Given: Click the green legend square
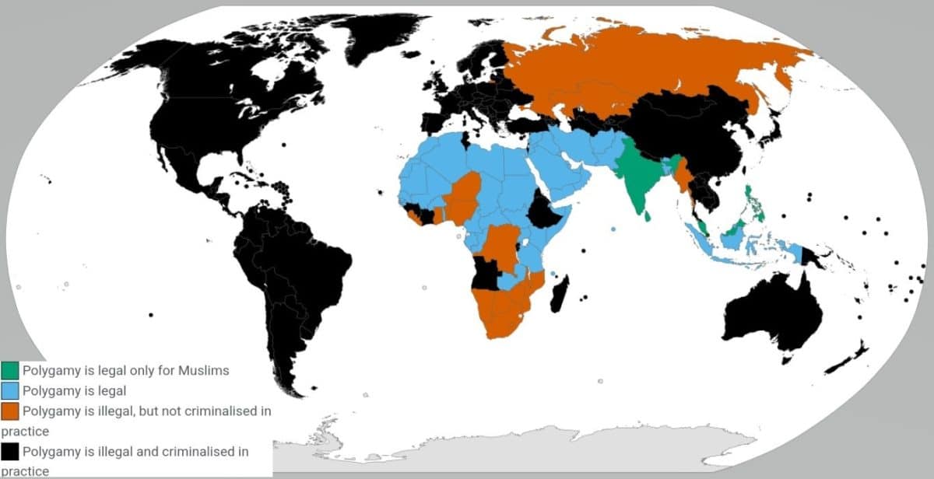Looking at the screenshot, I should click(10, 370).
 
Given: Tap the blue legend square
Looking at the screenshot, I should click(10, 390).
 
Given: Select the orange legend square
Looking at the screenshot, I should click(10, 411).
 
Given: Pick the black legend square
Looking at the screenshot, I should click(10, 451).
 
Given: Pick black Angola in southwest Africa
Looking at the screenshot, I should click(488, 273).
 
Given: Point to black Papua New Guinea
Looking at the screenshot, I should click(815, 257).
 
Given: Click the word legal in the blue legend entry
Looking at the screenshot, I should click(111, 390).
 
